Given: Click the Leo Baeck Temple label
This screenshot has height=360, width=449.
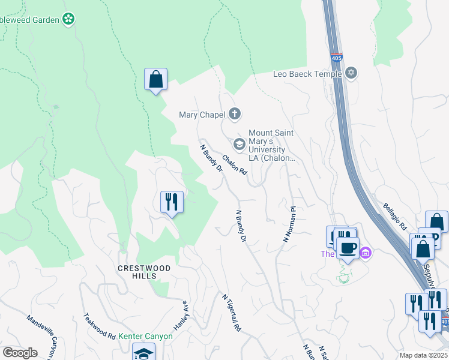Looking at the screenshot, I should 307,74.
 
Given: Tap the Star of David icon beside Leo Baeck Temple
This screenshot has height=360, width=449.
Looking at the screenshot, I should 352,74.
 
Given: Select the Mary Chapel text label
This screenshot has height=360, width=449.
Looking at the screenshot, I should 202,115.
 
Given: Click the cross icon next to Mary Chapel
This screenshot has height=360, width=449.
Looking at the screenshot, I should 235,114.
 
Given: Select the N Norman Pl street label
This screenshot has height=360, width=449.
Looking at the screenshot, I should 290,225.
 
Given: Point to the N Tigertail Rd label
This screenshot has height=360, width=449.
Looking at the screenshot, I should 231,313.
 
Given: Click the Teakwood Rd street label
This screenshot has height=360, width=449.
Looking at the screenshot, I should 99,326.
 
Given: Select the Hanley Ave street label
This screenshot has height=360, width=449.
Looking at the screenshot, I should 181,315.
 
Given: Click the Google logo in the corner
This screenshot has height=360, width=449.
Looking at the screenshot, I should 20,352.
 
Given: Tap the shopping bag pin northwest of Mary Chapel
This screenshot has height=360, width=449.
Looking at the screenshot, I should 155,80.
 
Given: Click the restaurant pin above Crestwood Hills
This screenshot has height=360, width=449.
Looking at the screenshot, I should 172,202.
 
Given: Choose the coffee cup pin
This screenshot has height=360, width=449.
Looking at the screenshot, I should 348,248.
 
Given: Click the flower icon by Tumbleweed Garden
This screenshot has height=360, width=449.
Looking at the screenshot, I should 70,19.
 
